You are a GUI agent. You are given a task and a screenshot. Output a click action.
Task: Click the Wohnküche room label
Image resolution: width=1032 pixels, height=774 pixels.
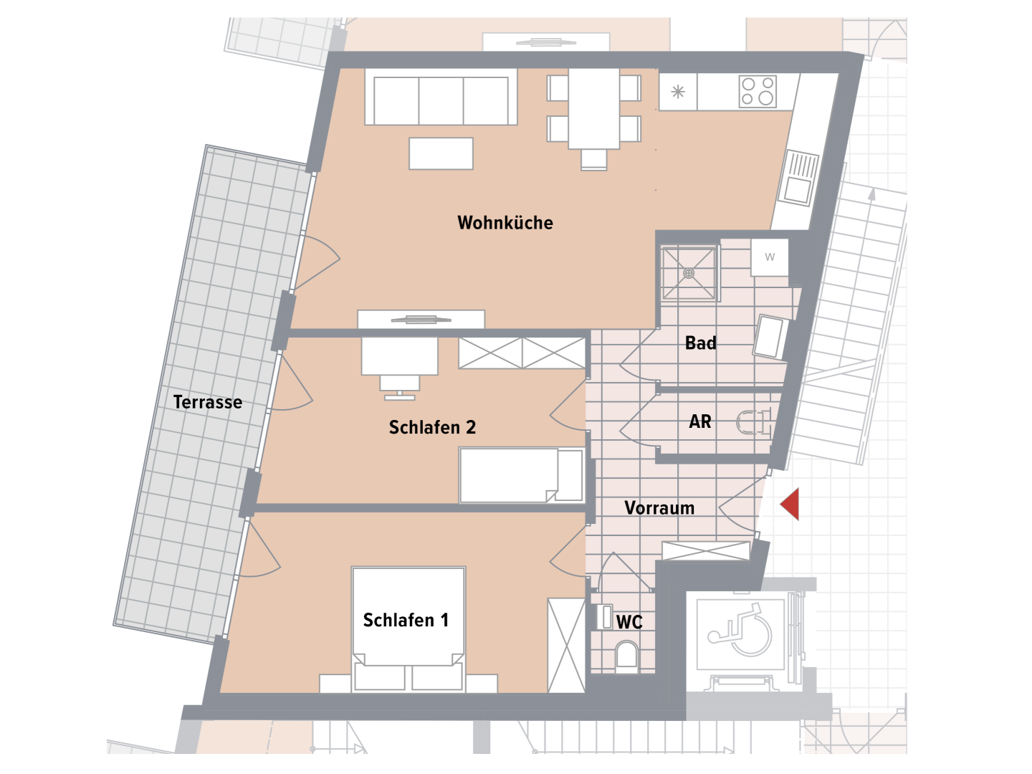point(505,223)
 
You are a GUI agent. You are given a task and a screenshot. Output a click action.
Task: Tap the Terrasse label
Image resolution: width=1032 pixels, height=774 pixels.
point(207,402)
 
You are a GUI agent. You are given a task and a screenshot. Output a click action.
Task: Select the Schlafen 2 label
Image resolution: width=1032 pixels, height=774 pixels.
point(432,427)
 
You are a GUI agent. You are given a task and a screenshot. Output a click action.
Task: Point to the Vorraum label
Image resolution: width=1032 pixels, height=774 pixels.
point(659,508)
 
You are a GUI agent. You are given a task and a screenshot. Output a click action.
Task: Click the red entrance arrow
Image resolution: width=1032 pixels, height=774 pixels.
point(791,504)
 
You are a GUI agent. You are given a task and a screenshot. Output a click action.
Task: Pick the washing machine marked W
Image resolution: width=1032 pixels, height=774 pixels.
point(770,257)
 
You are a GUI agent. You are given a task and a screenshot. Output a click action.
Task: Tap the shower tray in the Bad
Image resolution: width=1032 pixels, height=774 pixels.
point(689,273)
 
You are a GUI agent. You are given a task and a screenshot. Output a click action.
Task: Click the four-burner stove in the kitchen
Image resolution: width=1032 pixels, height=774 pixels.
point(758,91)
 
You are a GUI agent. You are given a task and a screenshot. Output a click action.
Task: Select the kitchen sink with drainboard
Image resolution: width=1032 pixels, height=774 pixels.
point(799,178)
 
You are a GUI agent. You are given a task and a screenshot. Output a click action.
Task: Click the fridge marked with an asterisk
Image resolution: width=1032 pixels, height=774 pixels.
point(677,92)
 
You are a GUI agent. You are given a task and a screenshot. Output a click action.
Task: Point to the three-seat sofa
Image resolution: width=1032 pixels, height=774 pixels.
point(441,97)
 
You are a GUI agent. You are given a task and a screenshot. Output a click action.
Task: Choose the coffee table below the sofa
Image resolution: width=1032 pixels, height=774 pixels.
point(441,153)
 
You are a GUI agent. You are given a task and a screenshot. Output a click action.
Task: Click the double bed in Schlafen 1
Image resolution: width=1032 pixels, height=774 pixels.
point(408,629)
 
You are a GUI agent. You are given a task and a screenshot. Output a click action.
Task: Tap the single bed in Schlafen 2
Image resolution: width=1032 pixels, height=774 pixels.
point(522,475)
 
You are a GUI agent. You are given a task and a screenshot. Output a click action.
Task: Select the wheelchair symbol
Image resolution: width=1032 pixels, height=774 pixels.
point(740,630)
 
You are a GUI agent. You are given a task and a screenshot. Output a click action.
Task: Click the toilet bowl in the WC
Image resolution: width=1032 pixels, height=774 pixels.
point(626,655)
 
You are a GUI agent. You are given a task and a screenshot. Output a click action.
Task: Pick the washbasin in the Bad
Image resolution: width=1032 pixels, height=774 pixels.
point(771,337)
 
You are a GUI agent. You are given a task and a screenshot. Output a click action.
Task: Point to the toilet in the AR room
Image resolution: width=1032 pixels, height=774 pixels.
point(752,421)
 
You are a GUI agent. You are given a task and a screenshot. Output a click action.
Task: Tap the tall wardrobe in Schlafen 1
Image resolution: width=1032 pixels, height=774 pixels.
point(567,645)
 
